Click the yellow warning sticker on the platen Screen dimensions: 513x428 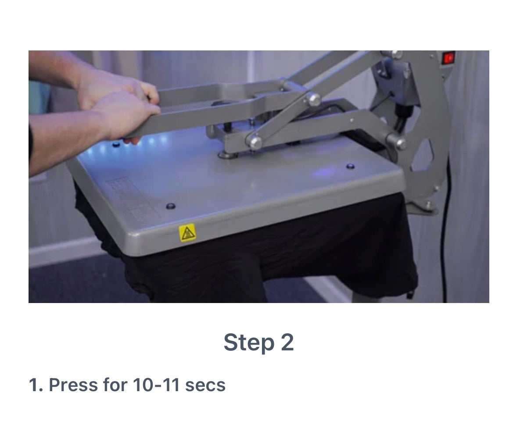pyautogui.click(x=187, y=232)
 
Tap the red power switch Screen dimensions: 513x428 pyautogui.click(x=448, y=58)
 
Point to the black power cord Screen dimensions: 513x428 pyautogui.click(x=445, y=229)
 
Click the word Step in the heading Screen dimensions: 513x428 pyautogui.click(x=249, y=342)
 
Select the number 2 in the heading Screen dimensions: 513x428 pyautogui.click(x=287, y=342)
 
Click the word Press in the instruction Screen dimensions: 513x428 pyautogui.click(x=73, y=385)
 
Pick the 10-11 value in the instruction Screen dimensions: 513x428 pyautogui.click(x=156, y=385)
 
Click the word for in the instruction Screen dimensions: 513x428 pyautogui.click(x=115, y=385)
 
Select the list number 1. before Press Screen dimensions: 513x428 pyautogui.click(x=36, y=385)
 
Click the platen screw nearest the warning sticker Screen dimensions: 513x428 pyautogui.click(x=171, y=206)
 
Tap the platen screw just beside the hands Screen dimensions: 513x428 pyautogui.click(x=116, y=144)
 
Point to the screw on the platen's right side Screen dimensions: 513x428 pyautogui.click(x=350, y=167)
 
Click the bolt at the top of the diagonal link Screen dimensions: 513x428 pyautogui.click(x=313, y=100)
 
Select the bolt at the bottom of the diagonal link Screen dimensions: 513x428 pyautogui.click(x=254, y=143)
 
